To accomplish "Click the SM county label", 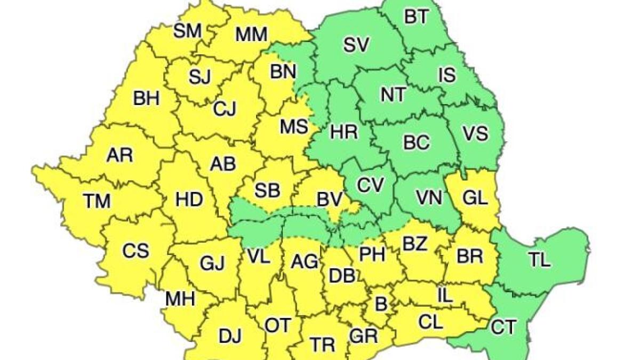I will coord(188,31).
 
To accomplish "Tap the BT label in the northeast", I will coord(416,17).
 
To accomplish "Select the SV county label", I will coord(356,46).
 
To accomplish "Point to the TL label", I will coord(540,260).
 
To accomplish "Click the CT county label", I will coord(503,326).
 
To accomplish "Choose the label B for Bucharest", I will coord(380,304).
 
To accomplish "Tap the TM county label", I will coord(97,202).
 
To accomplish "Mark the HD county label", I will coord(189,200).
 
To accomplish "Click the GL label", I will coord(475,199).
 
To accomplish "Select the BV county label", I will coord(330,200).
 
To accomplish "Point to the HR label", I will coord(344,132).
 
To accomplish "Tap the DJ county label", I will coord(230,336).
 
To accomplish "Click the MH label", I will coord(179,299).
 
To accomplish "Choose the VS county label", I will coord(475,133).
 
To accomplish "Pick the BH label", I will coord(146,99).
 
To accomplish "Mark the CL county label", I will coord(430,322).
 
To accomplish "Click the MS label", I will coord(294,127).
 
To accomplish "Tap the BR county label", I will coord(470,255).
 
